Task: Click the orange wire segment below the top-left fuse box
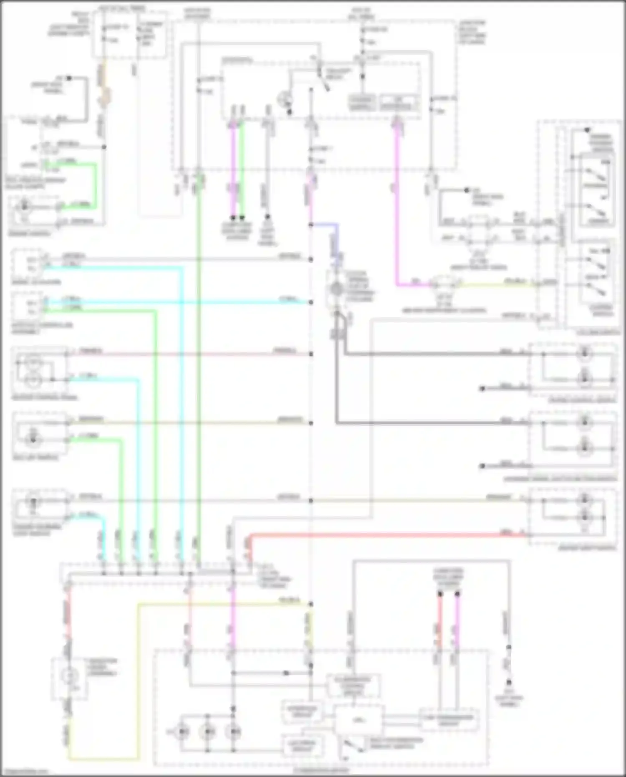click(x=102, y=84)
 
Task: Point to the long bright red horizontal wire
click(x=376, y=535)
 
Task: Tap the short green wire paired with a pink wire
click(x=242, y=171)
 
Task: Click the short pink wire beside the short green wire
click(x=233, y=171)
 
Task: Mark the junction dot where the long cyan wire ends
click(x=311, y=302)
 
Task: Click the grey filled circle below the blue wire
click(x=337, y=289)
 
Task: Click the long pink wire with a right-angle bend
click(x=396, y=209)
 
